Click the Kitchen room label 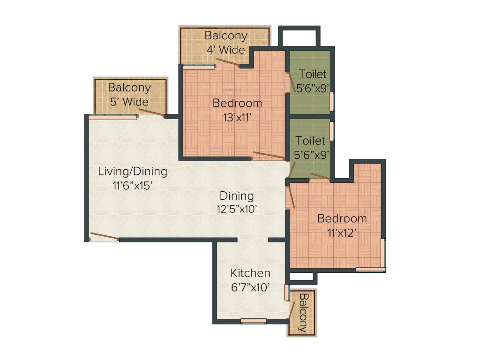coord(250,273)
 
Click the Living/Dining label coord(132,171)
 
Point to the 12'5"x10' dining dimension coord(237,209)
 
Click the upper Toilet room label coord(313,74)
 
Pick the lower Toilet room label coord(310,140)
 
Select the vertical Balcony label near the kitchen coord(302,313)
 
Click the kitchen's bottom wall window coord(253,321)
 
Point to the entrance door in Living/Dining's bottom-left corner coord(104,236)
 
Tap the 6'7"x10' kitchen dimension coord(250,287)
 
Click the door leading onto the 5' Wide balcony coord(151,112)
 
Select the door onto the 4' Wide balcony coord(228,62)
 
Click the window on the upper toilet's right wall coord(332,101)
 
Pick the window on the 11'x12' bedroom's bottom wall coord(370,269)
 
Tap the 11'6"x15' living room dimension coord(133,186)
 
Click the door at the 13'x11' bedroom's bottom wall coord(268,156)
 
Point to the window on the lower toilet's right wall coord(332,131)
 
